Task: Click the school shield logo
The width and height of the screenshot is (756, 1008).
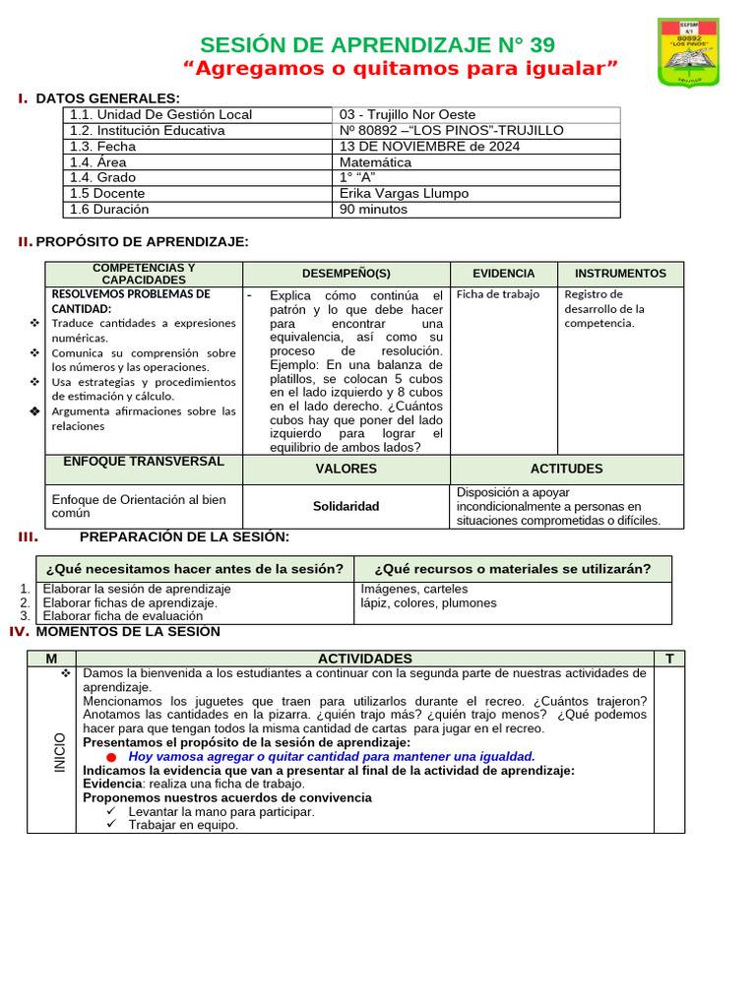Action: coord(702,52)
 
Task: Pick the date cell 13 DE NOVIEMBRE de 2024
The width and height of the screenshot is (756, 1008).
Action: coord(429,147)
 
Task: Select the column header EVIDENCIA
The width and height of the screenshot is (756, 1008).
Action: coord(503,274)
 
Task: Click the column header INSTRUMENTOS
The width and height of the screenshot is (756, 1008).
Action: coord(620,274)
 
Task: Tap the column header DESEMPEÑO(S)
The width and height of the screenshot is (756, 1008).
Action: coord(346,274)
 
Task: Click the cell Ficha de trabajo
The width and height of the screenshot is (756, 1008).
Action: coord(498,294)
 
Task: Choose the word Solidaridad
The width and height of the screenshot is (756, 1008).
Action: coord(346,506)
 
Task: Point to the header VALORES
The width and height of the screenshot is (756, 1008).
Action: coord(346,469)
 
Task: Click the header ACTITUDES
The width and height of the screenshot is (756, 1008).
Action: coord(566,469)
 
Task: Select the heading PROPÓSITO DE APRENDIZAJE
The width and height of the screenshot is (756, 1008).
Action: coord(143,242)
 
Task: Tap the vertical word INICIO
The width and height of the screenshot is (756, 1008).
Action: coord(60,752)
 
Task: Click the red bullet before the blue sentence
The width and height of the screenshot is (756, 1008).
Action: coord(111,757)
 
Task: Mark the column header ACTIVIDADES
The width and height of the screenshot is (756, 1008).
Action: coord(365,658)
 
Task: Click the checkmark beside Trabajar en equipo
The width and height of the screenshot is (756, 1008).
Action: coord(111,825)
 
